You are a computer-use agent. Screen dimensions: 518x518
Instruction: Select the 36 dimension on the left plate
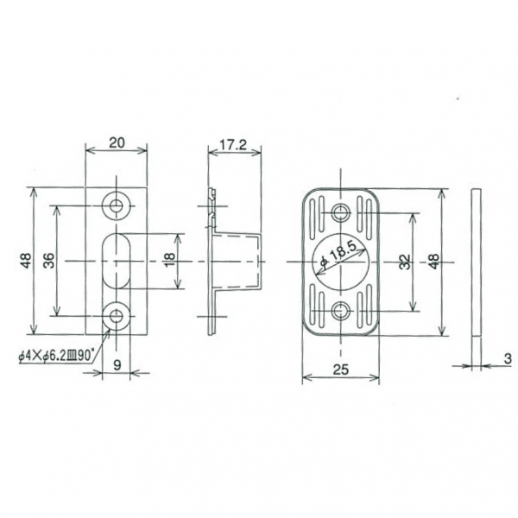[50, 261]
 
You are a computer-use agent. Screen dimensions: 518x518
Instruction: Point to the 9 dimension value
[117, 365]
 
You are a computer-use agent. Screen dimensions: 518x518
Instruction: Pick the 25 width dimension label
[339, 371]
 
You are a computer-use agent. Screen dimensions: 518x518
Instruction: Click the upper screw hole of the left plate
[117, 205]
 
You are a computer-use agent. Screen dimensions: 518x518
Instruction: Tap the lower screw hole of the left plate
[117, 317]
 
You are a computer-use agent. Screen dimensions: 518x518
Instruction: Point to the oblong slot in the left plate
[117, 261]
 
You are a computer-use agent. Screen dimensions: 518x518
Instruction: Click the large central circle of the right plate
[340, 262]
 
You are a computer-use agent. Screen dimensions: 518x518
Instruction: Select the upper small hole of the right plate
[340, 213]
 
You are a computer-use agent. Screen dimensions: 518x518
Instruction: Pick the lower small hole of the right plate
[340, 312]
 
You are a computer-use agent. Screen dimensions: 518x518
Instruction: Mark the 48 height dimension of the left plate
[26, 261]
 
